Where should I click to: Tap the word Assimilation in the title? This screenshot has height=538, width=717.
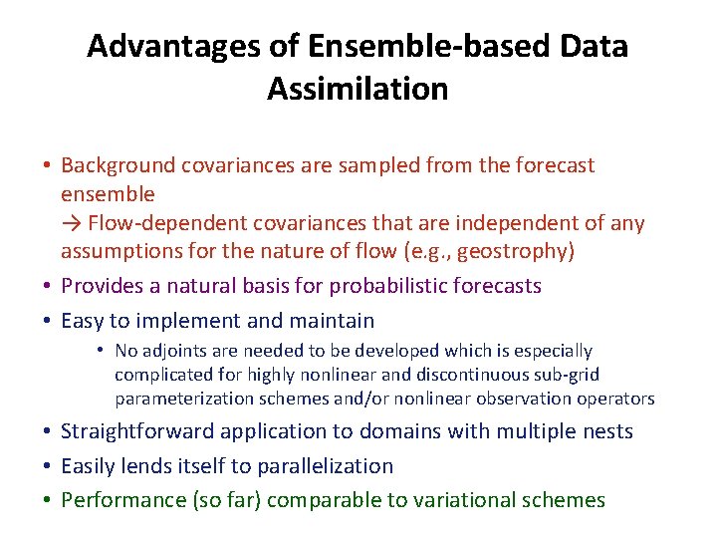coord(358,89)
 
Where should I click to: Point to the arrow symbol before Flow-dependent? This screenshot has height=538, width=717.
coord(72,223)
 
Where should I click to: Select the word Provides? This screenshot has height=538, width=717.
coord(101,286)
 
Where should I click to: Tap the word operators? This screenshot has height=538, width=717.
coord(617,399)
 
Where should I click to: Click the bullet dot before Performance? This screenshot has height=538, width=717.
coord(48,500)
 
